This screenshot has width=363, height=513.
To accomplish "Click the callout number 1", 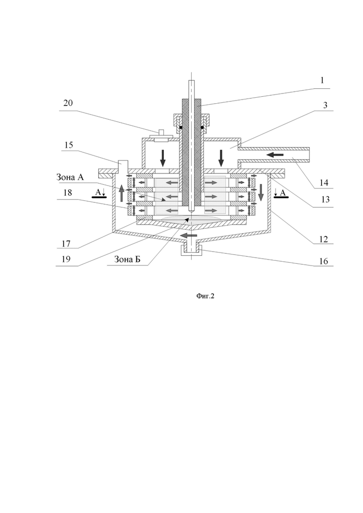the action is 322,80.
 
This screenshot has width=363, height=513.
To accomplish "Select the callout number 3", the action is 325,106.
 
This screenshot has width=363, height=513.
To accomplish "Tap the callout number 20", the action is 68,103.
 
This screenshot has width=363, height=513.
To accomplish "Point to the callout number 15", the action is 69,145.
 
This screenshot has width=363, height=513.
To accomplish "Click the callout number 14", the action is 324,183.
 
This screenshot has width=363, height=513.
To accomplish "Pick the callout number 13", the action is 325,199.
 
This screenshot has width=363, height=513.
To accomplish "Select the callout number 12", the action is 323,239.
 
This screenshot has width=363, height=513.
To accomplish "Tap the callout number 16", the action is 323,261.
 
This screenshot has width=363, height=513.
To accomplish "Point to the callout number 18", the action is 67,193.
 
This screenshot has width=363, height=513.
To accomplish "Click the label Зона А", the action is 70,177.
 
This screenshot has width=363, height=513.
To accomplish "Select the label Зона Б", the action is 128,260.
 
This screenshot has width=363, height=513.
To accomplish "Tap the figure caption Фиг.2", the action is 205,296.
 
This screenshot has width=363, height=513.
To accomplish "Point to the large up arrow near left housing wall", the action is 122,193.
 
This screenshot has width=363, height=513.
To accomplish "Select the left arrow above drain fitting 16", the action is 188,235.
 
